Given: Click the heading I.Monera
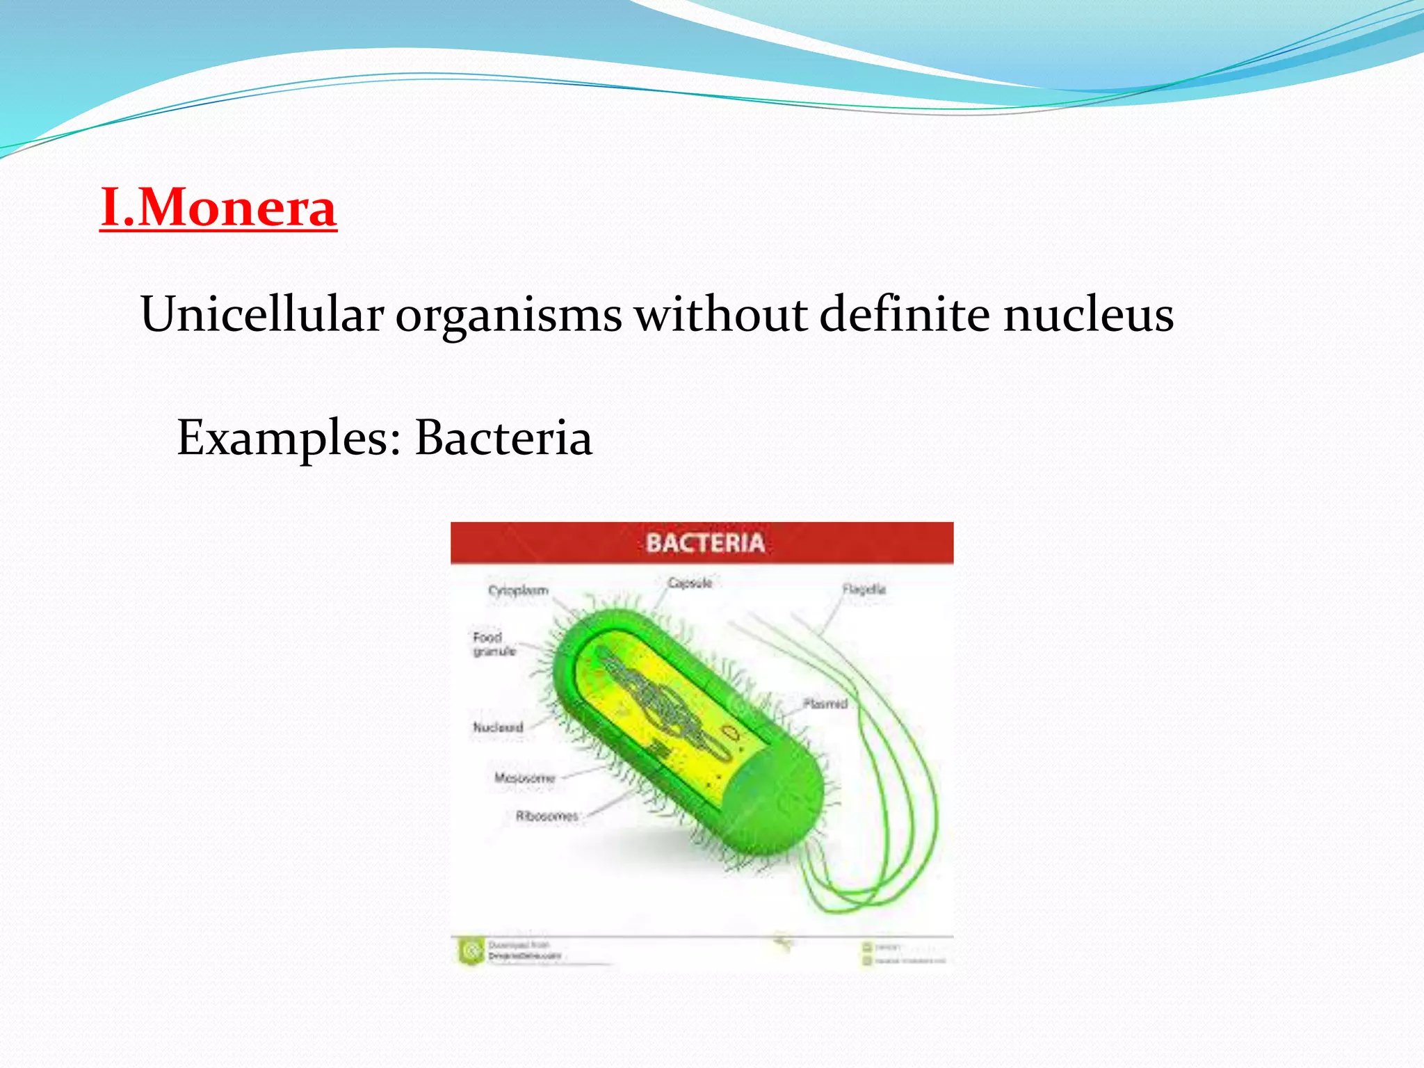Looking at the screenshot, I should pos(218,207).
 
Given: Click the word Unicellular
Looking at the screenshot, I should pos(261,314).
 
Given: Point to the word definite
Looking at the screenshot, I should pos(904,314).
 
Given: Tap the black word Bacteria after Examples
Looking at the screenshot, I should pos(503,438).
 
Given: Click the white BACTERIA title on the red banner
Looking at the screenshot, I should pos(704,543).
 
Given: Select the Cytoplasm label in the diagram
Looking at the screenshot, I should pos(518,590).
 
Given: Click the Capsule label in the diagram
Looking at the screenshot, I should pos(690,583).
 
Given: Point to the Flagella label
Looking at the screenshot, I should pos(864,589).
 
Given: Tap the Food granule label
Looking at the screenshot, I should pos(493,644).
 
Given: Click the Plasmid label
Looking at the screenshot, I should pos(825,704).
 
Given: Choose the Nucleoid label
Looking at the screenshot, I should pos(498,727).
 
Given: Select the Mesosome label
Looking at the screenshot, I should pos(524,777).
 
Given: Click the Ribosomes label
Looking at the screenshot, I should pos(547,816).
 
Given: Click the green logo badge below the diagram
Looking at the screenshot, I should pos(471,950).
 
